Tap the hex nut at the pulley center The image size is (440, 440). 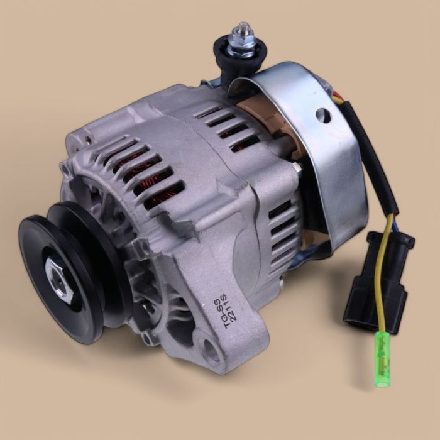tap(60, 277)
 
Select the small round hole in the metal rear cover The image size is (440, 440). tap(324, 115)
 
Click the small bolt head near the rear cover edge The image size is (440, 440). tap(295, 167)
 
